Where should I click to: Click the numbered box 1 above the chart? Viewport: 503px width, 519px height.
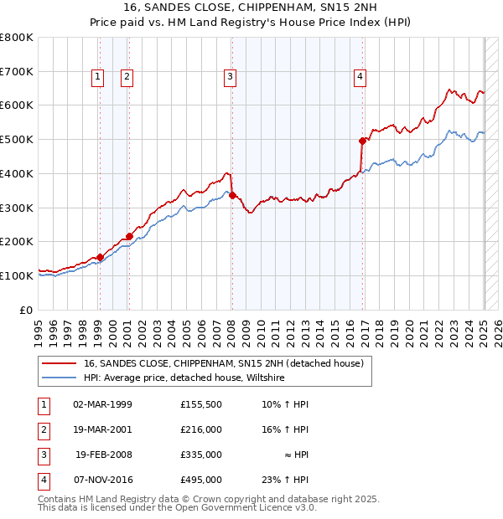(98, 77)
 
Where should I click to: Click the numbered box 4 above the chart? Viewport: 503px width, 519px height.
(360, 77)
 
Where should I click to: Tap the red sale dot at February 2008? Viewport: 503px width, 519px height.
(232, 195)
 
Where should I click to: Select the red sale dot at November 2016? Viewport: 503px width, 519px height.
(363, 141)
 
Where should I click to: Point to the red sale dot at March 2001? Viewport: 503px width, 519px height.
(129, 235)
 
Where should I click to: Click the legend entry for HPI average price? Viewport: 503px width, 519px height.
(184, 378)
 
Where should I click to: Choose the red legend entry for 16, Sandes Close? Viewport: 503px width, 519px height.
(223, 364)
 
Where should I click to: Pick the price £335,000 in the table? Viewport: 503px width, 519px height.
(201, 455)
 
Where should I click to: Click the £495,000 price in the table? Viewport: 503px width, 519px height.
(201, 480)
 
